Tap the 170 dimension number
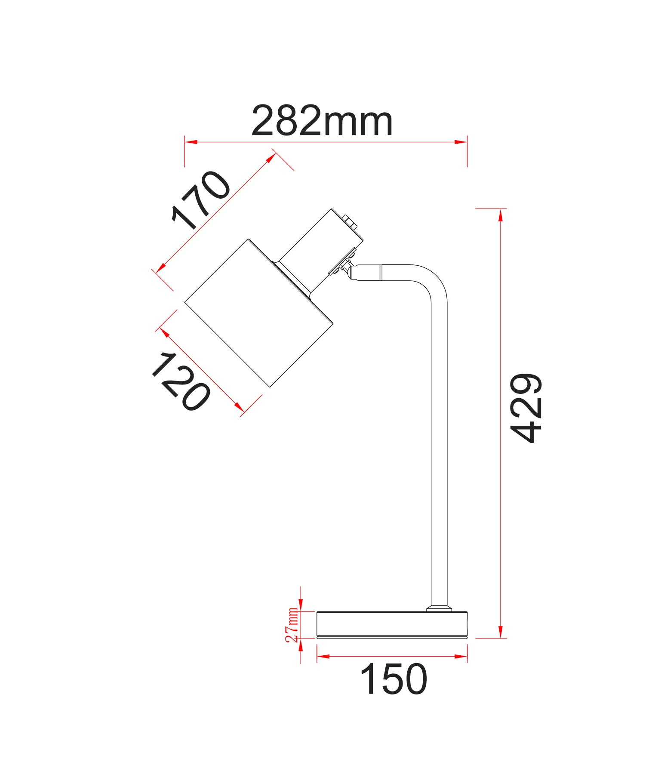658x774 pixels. coord(201,200)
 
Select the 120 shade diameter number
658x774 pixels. coord(181,381)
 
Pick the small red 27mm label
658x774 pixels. coord(292,624)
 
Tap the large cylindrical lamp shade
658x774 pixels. coord(259,313)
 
